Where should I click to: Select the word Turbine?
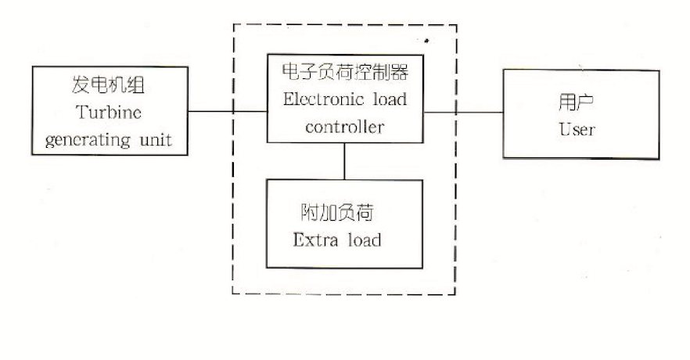pyautogui.click(x=110, y=112)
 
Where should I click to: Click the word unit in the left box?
pyautogui.click(x=153, y=139)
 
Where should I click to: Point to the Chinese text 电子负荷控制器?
pyautogui.click(x=344, y=74)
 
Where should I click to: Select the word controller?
pyautogui.click(x=344, y=127)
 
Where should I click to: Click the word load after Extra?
pyautogui.click(x=364, y=239)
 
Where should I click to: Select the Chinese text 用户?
pyautogui.click(x=578, y=103)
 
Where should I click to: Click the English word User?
pyautogui.click(x=577, y=129)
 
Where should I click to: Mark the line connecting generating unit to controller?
pyautogui.click(x=227, y=111)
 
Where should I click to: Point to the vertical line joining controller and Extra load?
pyautogui.click(x=344, y=161)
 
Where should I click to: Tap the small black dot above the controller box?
pyautogui.click(x=426, y=38)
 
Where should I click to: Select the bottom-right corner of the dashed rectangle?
pyautogui.click(x=456, y=294)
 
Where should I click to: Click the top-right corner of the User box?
pyautogui.click(x=659, y=70)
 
